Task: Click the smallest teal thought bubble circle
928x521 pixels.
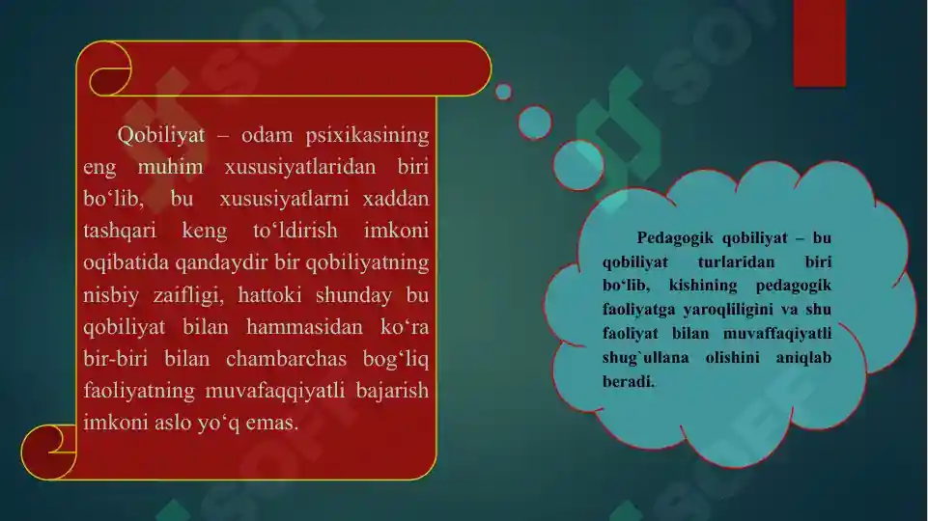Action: [x=503, y=92]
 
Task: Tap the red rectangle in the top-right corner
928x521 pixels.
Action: [x=819, y=42]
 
